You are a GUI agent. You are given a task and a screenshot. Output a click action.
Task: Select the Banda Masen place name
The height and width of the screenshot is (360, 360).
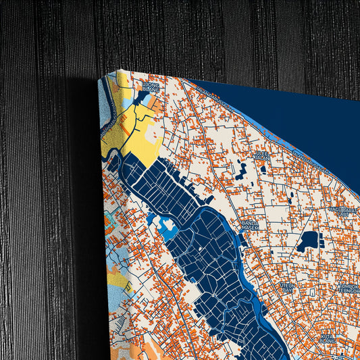[x=251, y=224]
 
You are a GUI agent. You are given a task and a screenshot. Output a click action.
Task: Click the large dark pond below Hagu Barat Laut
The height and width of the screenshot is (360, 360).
[x=309, y=240]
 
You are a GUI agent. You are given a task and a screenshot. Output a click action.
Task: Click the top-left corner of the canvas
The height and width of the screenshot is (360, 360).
[x=99, y=76]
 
